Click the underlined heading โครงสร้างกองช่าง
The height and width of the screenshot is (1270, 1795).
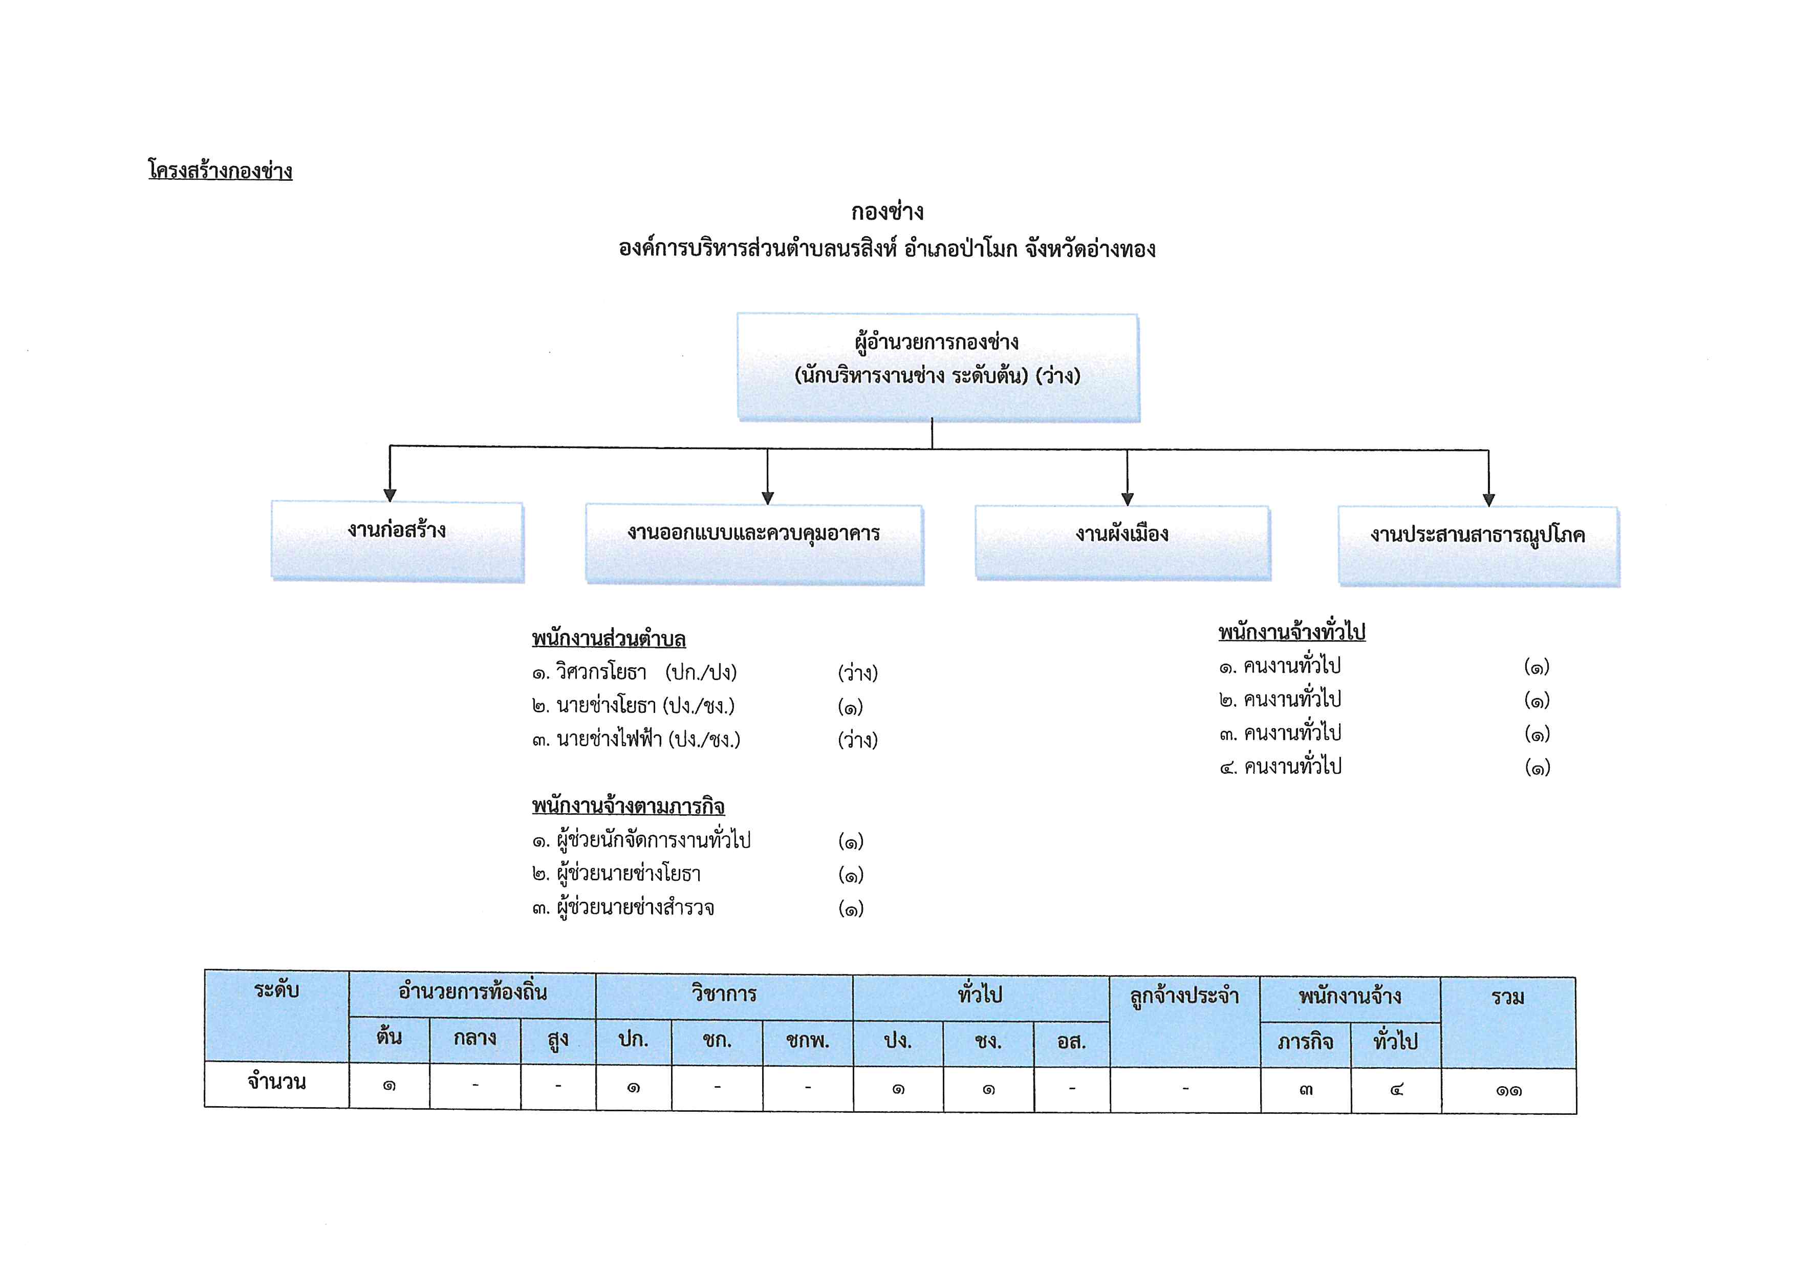coord(221,171)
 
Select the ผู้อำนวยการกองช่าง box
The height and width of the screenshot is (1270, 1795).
coord(938,368)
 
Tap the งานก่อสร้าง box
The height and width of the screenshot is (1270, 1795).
coord(398,541)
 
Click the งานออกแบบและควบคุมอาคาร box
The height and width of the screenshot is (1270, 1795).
coord(754,544)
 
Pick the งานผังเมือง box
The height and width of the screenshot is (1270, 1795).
coord(1122,543)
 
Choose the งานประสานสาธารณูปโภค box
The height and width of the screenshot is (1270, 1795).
coord(1478,546)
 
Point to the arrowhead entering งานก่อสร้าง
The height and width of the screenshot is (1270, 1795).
coord(390,495)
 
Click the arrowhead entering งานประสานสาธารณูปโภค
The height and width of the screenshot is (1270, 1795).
coord(1488,500)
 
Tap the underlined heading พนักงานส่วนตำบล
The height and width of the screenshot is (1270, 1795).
coord(609,639)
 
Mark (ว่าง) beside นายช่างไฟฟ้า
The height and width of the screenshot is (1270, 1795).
coord(858,740)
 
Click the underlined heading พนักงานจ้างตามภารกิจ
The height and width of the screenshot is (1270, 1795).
coord(629,806)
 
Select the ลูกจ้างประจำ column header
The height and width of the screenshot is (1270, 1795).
coord(1184,997)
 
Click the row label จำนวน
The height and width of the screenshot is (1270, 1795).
coord(277,1082)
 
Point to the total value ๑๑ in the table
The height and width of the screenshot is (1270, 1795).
coord(1509,1091)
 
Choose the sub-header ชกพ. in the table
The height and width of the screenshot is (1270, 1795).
coord(808,1041)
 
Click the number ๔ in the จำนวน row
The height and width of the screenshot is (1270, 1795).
coord(1396,1089)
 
